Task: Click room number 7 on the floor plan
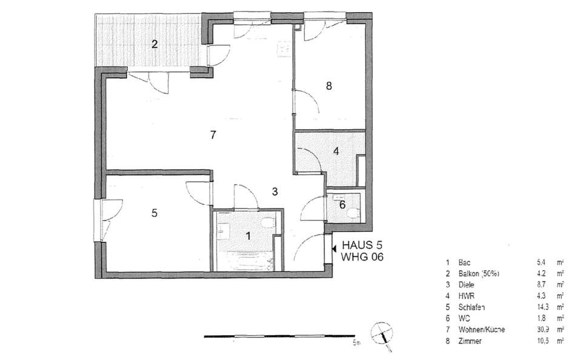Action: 213,135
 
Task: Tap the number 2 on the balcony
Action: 155,44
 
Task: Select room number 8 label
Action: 329,86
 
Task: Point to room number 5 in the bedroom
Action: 155,213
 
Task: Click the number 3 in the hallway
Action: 275,192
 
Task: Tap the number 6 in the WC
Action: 342,205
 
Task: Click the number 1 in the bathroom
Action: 248,236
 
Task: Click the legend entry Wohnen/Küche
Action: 482,329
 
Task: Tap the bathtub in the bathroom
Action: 246,262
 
